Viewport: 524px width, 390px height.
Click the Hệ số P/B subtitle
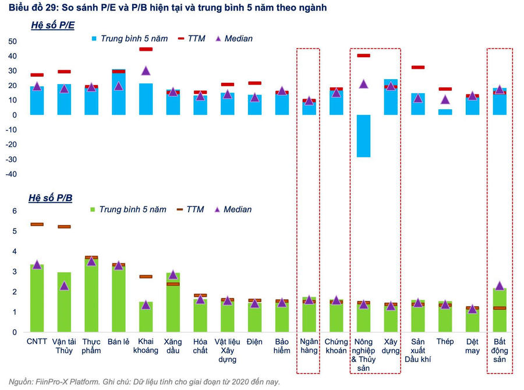coord(51,198)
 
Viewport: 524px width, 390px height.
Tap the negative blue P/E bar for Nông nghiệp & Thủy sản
coord(364,136)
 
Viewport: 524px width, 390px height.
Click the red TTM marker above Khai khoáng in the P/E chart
coord(146,50)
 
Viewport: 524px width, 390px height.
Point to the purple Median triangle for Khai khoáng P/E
coord(146,71)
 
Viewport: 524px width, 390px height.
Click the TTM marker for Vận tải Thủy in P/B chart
coord(64,227)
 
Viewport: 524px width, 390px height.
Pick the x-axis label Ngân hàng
coord(309,346)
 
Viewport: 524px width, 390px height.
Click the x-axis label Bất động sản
coord(500,350)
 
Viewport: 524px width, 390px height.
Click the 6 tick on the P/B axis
coord(15,211)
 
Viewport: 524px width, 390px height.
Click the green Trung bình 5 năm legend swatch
coord(94,209)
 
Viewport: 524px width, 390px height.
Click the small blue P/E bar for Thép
coord(445,112)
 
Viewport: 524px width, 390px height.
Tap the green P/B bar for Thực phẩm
coord(91,294)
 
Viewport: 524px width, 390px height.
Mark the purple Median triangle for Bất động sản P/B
coord(500,286)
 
